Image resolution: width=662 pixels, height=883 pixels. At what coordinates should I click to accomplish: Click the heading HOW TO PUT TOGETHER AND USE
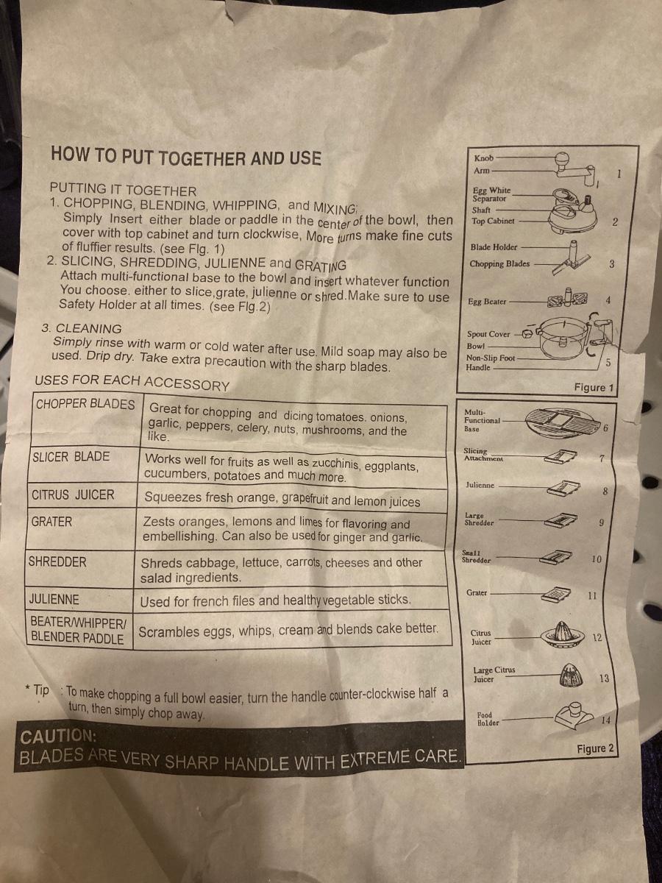tap(185, 157)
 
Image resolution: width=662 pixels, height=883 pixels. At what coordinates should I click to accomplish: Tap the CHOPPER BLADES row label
tap(85, 404)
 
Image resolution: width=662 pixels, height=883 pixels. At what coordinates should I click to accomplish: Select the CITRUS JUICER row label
tap(73, 494)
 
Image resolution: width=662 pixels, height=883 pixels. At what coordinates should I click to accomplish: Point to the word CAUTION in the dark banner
tap(58, 736)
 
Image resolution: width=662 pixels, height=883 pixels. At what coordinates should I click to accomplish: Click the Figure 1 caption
tap(594, 387)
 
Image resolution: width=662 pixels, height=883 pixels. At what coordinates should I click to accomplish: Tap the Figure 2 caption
tap(595, 748)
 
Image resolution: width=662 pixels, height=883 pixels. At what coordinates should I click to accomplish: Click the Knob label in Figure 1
tap(483, 158)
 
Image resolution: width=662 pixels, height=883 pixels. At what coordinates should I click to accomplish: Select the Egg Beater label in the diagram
tap(487, 301)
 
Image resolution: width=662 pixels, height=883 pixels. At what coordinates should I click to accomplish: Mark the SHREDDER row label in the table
tap(57, 561)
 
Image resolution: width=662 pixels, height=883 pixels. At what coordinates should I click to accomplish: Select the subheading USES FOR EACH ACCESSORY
tap(132, 382)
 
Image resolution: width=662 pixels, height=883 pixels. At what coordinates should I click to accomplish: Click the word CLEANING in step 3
tap(88, 328)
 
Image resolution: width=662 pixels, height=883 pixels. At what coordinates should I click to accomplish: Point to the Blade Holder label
tap(494, 247)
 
